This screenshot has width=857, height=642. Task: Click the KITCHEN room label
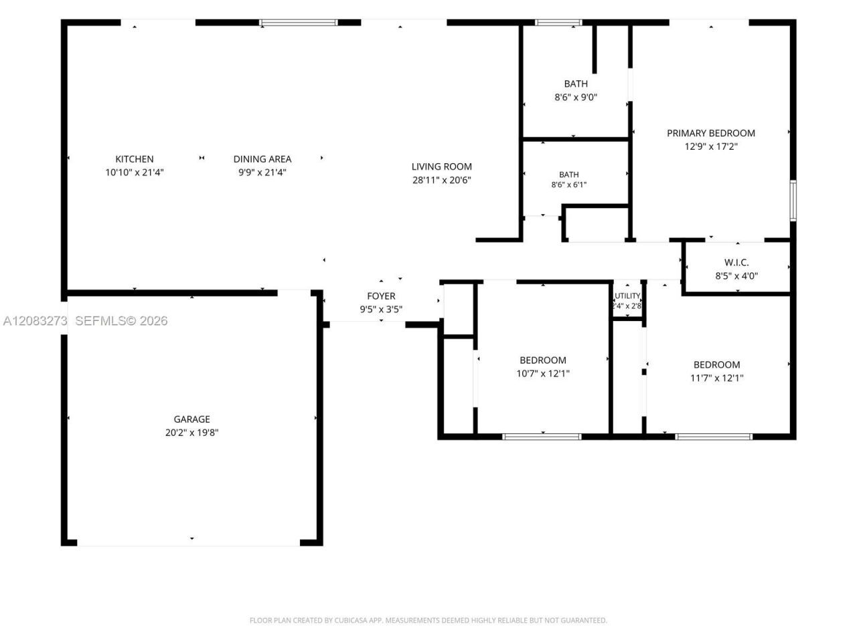(135, 158)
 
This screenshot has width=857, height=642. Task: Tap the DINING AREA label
(262, 158)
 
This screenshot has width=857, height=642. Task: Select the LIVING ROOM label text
(441, 167)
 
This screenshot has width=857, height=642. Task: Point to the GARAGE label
(191, 419)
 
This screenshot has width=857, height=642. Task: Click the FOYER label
(381, 296)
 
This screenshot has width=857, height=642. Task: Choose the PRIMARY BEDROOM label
(710, 133)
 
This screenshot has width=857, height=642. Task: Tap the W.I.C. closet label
(736, 262)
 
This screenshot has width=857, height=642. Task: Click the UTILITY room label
(627, 296)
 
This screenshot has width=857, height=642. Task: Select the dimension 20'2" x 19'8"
(191, 432)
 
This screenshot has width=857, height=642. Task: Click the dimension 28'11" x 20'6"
(441, 180)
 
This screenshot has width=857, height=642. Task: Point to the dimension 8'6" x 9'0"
(576, 97)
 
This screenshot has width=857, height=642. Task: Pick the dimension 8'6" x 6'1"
(568, 185)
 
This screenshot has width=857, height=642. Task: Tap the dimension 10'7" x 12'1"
(543, 373)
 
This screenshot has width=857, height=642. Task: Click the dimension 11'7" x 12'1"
(716, 378)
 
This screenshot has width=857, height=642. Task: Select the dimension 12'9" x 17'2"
(710, 146)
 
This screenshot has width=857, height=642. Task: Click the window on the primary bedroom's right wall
(793, 201)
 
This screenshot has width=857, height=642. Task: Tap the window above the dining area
(299, 23)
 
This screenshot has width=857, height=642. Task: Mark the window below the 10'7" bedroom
(542, 437)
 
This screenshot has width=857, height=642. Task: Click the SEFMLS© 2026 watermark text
(121, 321)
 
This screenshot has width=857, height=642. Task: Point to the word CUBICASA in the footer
(349, 620)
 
